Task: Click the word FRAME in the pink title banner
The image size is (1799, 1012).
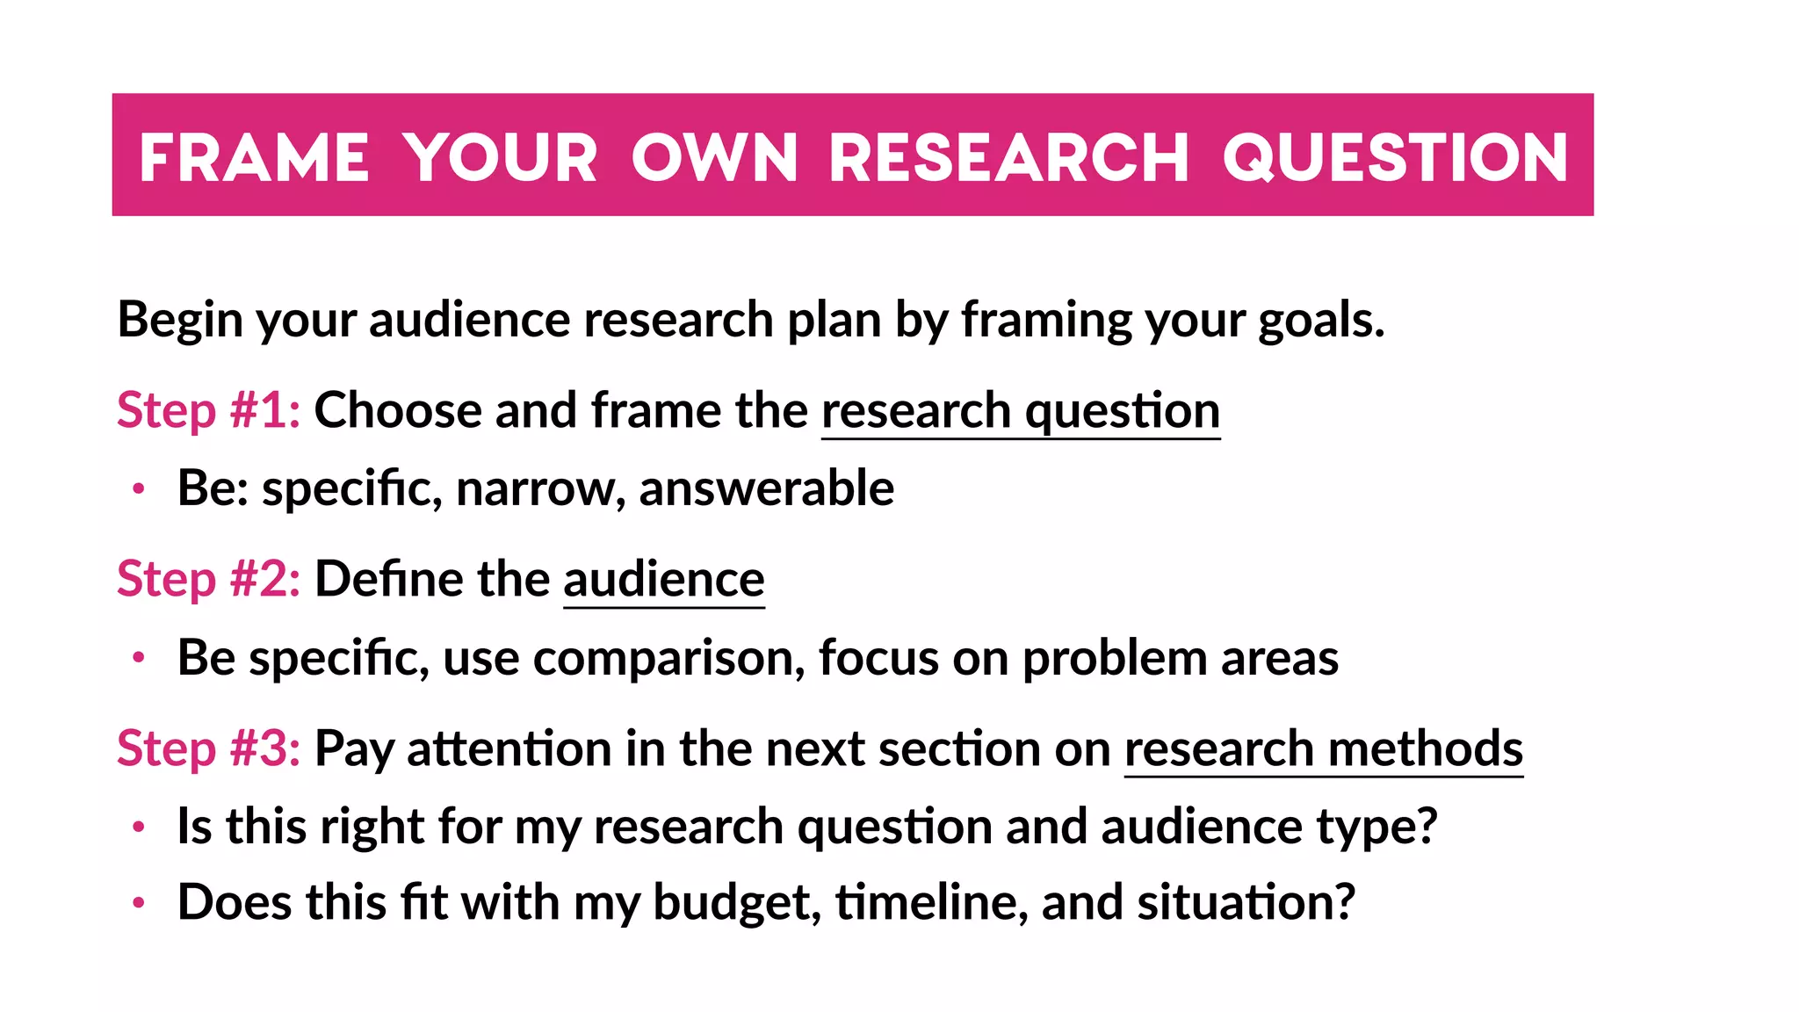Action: click(x=254, y=158)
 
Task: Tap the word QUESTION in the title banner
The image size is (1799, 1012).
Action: click(x=1395, y=158)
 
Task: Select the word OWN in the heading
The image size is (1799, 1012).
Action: click(x=714, y=158)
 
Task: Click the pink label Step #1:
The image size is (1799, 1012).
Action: click(x=209, y=410)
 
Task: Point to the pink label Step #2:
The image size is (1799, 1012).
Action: click(x=209, y=579)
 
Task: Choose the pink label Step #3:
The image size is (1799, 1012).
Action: click(x=209, y=748)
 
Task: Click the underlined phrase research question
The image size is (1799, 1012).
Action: click(x=1021, y=411)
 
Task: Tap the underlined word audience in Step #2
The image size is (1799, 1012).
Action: click(x=664, y=580)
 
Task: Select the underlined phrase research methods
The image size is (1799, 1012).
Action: click(x=1323, y=749)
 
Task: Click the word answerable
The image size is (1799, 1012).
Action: click(x=766, y=488)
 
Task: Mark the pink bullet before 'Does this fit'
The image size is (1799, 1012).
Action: click(x=138, y=903)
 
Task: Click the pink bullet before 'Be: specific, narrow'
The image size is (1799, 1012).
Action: click(x=138, y=489)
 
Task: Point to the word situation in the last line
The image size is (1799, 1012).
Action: click(x=1246, y=902)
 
